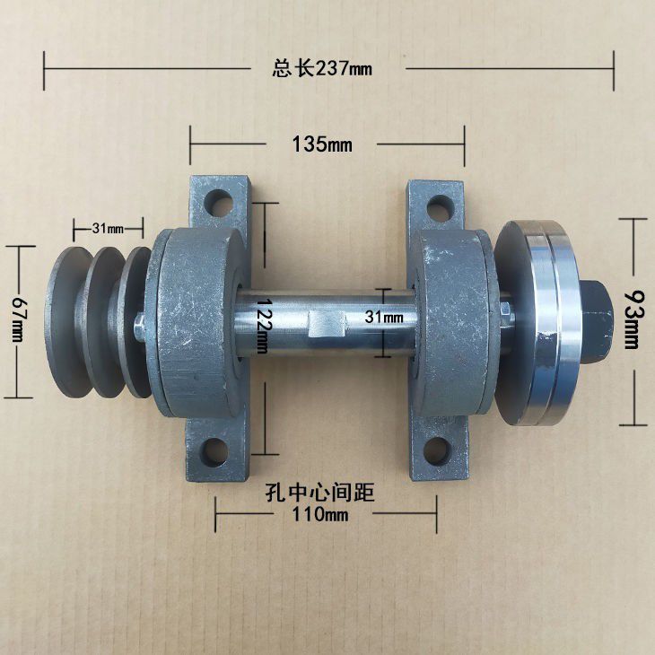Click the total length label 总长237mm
pos(322,68)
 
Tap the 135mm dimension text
pos(321,144)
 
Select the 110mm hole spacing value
pos(319,514)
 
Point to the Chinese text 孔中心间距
pos(319,492)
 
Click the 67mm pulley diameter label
pos(19,319)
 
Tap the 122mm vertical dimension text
pos(263,326)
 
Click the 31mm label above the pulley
pos(109,229)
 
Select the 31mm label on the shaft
pos(384,317)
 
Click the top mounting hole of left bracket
pos(218,202)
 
